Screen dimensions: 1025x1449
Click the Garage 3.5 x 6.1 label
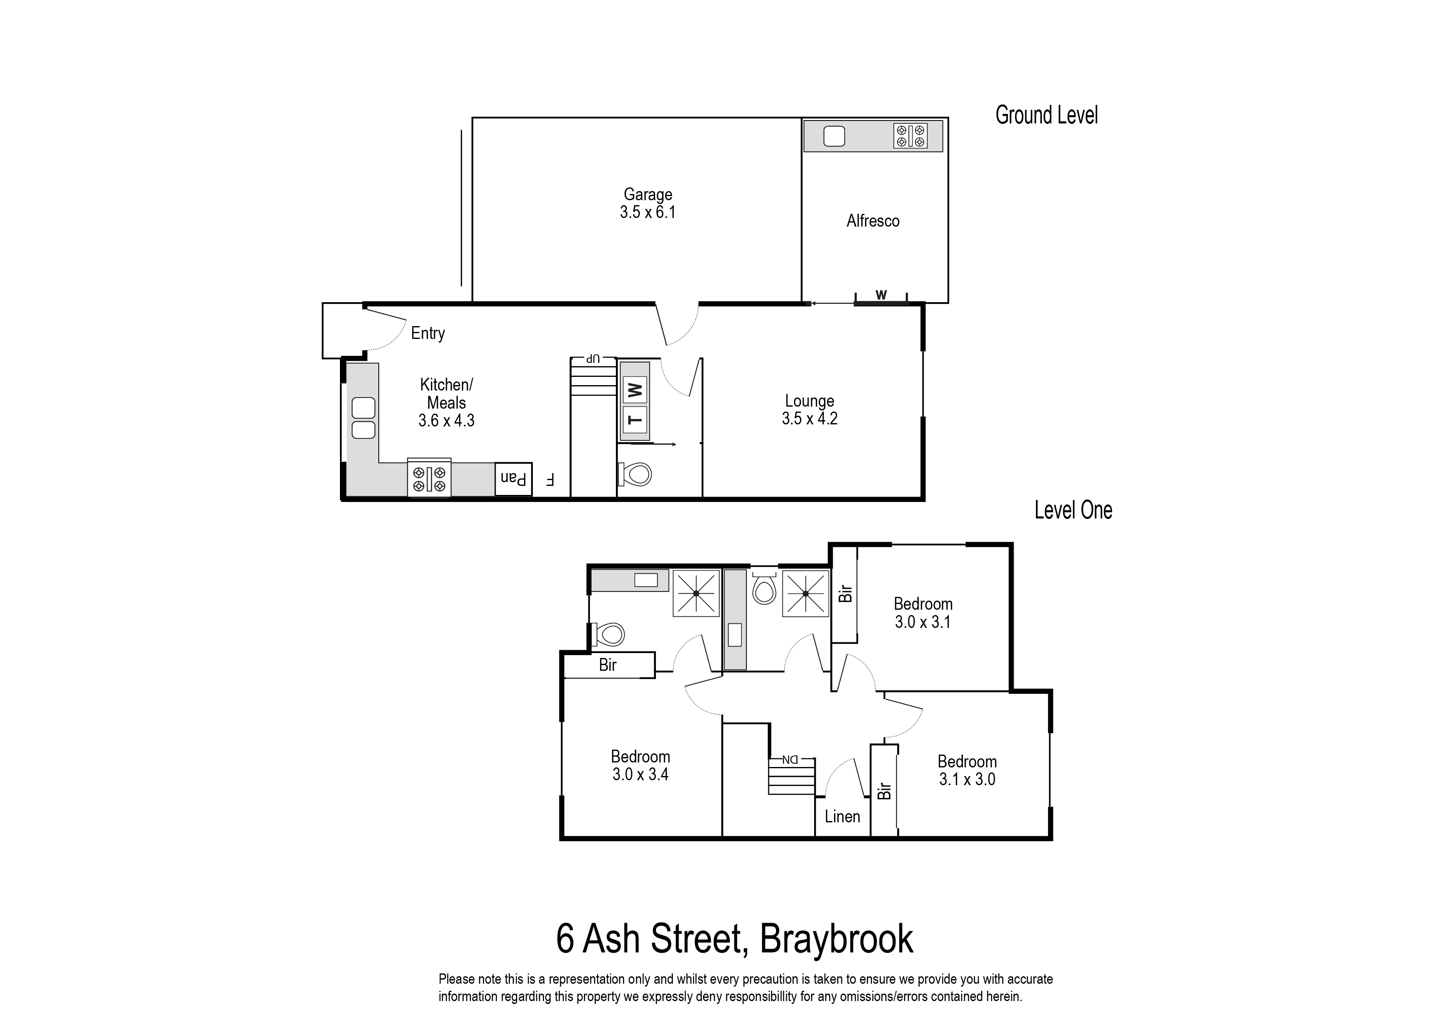click(x=647, y=203)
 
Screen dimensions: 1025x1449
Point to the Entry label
click(x=428, y=333)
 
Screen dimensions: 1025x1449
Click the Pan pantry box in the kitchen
click(x=513, y=479)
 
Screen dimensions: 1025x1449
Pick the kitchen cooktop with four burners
click(x=429, y=478)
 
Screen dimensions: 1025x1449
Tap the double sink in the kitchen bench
click(x=363, y=418)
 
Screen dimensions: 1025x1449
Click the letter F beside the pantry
click(x=549, y=480)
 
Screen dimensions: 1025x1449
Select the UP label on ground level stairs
click(x=592, y=358)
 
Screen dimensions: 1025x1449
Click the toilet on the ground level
click(x=636, y=473)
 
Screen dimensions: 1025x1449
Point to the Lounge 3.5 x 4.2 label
click(x=810, y=410)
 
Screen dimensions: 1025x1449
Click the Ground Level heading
click(x=1046, y=116)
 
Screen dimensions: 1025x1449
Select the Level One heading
click(x=1073, y=510)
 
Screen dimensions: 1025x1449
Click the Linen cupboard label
click(x=842, y=817)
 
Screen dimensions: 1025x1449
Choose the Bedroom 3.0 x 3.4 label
click(x=640, y=765)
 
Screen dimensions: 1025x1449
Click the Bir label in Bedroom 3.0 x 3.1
click(x=845, y=593)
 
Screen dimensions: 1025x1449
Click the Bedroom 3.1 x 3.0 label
click(x=967, y=770)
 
